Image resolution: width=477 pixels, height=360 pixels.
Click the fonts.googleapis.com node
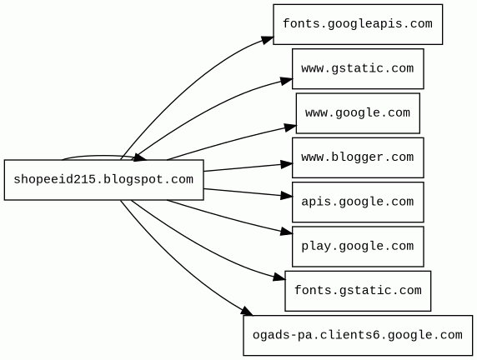point(358,24)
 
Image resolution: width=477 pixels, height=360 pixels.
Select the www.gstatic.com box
point(358,68)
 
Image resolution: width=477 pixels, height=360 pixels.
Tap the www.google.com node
point(358,113)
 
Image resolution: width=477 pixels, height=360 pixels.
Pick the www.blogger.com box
point(358,157)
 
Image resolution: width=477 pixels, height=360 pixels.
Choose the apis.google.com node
point(358,202)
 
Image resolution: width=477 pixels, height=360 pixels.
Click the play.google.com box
point(358,247)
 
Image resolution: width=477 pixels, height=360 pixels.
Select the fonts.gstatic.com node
point(358,291)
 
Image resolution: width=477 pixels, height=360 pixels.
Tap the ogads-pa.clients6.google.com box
point(358,335)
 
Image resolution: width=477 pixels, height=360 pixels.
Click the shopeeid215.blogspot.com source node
point(103,180)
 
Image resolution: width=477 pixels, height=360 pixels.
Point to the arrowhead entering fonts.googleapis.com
point(268,40)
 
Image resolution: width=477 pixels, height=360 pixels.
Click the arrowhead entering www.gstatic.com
point(287,81)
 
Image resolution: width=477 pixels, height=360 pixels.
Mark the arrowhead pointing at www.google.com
point(290,127)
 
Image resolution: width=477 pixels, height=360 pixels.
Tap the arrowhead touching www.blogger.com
point(287,164)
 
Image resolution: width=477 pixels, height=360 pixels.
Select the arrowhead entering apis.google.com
point(287,196)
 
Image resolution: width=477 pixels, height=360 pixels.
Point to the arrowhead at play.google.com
point(287,232)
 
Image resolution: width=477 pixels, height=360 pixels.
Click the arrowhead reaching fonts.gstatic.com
point(279,277)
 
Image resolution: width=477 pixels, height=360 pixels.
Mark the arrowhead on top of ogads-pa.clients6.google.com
point(246,312)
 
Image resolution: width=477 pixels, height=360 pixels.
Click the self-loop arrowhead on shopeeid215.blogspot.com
point(140,157)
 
